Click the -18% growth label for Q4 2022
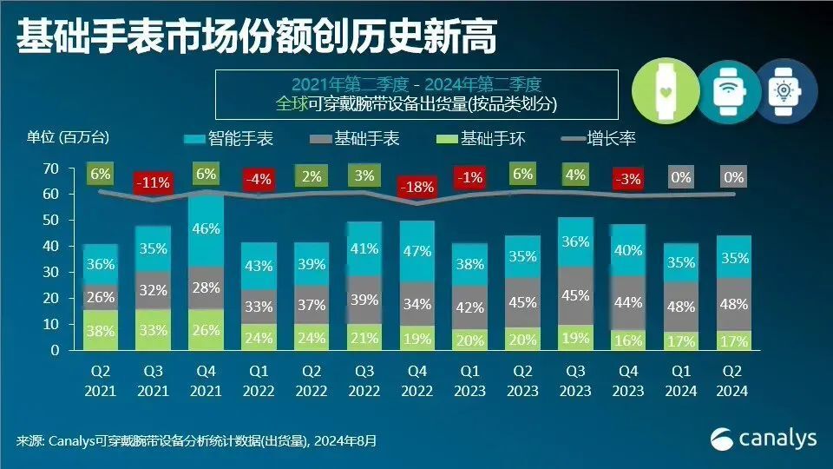click(416, 187)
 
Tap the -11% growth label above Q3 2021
click(153, 183)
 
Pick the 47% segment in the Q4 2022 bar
click(416, 253)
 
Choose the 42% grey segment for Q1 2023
click(469, 307)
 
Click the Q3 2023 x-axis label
click(575, 381)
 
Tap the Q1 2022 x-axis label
click(259, 381)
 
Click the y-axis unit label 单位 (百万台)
click(69, 136)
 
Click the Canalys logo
click(764, 439)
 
